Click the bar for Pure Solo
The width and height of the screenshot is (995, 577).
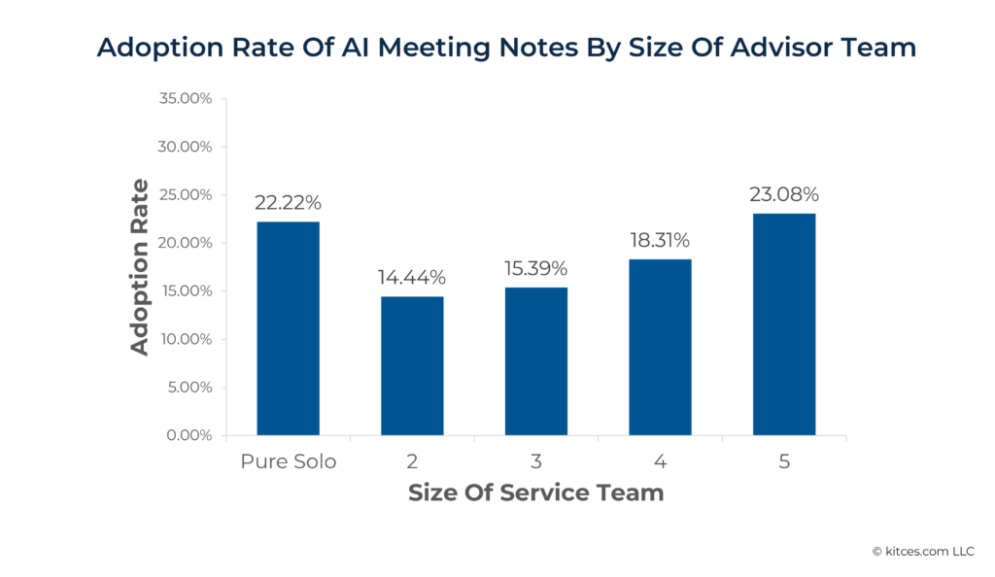(288, 328)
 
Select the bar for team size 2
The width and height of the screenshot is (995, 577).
(412, 365)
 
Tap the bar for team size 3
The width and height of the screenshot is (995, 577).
(535, 361)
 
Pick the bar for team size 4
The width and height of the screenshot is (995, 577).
(660, 347)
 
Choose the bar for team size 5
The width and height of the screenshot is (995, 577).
(784, 323)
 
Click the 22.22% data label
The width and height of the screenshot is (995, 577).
(288, 203)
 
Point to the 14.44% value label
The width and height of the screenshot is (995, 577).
(412, 278)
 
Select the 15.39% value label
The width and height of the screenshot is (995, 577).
(535, 268)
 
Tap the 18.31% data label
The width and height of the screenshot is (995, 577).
(660, 240)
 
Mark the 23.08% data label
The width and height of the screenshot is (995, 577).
(784, 194)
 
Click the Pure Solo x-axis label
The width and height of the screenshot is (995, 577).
(288, 461)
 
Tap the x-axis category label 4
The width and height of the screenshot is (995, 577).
(660, 461)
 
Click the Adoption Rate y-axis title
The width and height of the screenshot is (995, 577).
(141, 267)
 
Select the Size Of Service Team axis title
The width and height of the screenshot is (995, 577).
(535, 492)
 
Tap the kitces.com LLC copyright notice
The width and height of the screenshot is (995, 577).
(922, 551)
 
